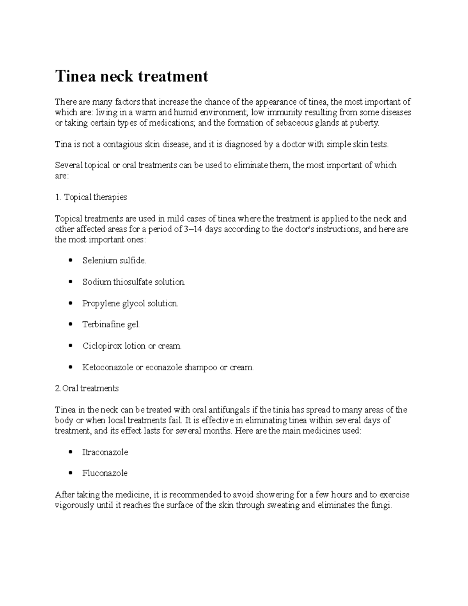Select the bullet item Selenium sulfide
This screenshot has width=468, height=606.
(114, 261)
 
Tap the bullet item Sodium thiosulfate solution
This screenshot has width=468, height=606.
(134, 282)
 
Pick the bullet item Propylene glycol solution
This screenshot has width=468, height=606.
(130, 303)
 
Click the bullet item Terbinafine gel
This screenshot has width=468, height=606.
(111, 324)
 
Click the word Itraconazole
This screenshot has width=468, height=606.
(105, 452)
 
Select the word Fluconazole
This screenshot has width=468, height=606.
(105, 473)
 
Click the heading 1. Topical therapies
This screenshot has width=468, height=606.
(91, 197)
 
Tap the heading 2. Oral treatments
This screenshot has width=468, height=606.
(87, 388)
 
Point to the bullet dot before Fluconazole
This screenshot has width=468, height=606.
(70, 473)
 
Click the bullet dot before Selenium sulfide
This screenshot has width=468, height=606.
(70, 261)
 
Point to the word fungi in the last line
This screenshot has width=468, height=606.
(381, 506)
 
